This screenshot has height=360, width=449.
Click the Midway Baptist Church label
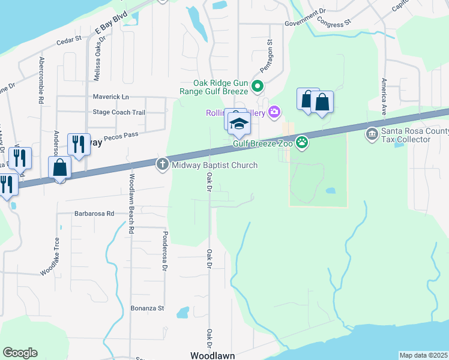pyautogui.click(x=215, y=165)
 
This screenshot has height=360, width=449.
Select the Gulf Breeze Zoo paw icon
pyautogui.click(x=302, y=143)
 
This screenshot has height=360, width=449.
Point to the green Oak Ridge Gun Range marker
pyautogui.click(x=258, y=87)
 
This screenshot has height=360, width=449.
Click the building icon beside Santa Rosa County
pyautogui.click(x=372, y=133)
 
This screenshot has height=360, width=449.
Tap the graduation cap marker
pyautogui.click(x=239, y=124)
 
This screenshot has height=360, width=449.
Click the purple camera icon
pyautogui.click(x=275, y=111)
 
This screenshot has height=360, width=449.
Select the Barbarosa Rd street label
pyautogui.click(x=94, y=214)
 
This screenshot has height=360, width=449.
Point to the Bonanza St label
pyautogui.click(x=147, y=308)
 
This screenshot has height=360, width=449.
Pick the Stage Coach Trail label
pyautogui.click(x=119, y=112)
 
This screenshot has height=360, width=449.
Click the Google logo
pyautogui.click(x=20, y=353)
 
